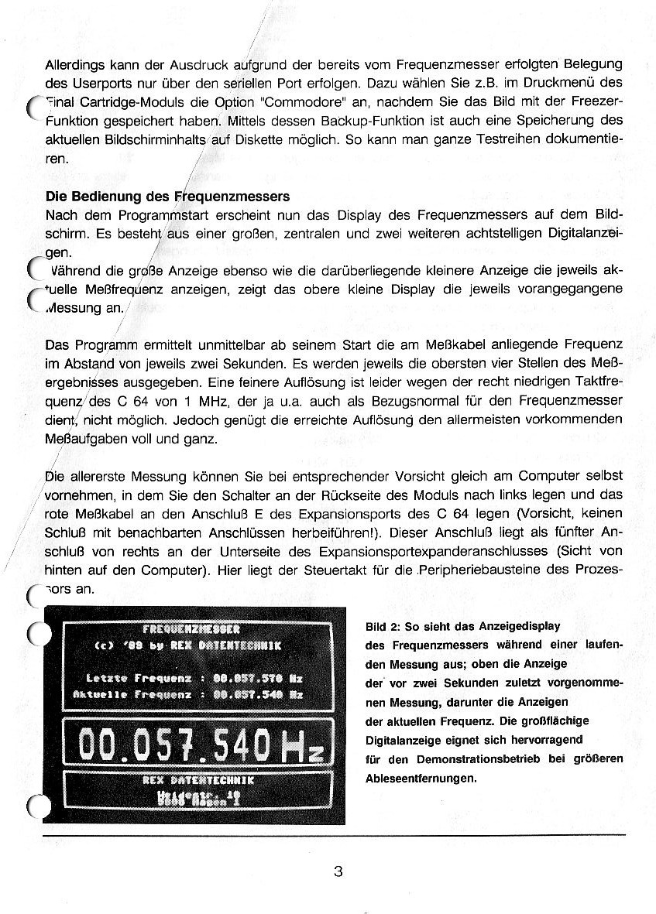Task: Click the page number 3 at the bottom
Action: [x=338, y=871]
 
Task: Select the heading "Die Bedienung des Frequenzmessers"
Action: [x=167, y=197]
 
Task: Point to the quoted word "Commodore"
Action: [x=295, y=103]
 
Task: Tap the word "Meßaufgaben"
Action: [x=84, y=440]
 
